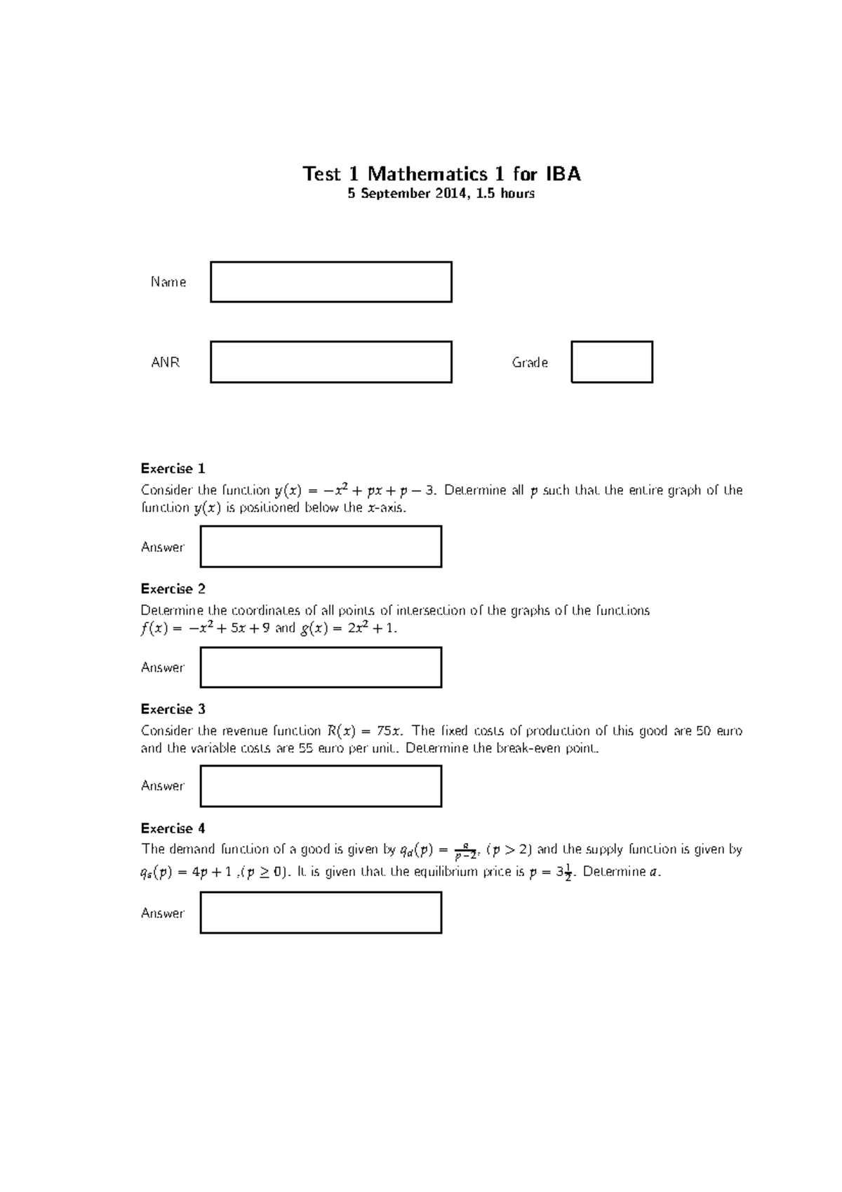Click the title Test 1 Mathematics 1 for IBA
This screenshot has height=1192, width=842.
[441, 174]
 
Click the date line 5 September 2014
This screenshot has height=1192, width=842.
[441, 194]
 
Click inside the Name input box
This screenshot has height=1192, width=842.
[330, 282]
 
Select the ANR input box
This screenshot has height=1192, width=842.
[330, 362]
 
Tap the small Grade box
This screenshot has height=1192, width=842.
[611, 362]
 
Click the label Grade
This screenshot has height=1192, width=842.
[530, 363]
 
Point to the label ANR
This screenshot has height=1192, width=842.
[166, 363]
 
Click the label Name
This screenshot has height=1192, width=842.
[168, 282]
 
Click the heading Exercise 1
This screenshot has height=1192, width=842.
[173, 469]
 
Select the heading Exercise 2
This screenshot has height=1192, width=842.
[173, 589]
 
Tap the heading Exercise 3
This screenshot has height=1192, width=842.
[173, 709]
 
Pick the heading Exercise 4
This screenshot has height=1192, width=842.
[173, 828]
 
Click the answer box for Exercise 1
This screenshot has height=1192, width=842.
[321, 547]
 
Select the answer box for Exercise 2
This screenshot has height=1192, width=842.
[321, 668]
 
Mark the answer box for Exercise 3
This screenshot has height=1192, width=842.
[321, 786]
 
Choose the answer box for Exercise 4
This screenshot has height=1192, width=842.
[321, 913]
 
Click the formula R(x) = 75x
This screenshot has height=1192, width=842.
[366, 731]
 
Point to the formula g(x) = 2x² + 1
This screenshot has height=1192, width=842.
[348, 628]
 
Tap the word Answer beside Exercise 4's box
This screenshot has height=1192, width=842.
[162, 913]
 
